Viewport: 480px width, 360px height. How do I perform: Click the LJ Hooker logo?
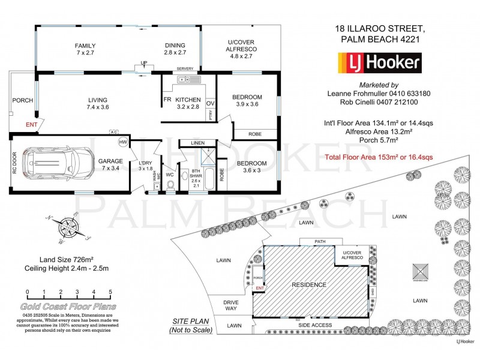(x=380, y=62)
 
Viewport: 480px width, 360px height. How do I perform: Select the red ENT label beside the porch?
(x=31, y=125)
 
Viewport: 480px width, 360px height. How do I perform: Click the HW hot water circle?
(x=123, y=142)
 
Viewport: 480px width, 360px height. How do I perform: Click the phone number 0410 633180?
(x=410, y=94)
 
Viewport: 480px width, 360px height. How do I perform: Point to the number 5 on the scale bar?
(x=110, y=292)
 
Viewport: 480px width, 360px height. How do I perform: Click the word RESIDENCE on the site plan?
(x=309, y=284)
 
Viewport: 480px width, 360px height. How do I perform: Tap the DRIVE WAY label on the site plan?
(x=231, y=305)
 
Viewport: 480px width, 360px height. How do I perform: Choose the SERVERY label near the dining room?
(x=185, y=69)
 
